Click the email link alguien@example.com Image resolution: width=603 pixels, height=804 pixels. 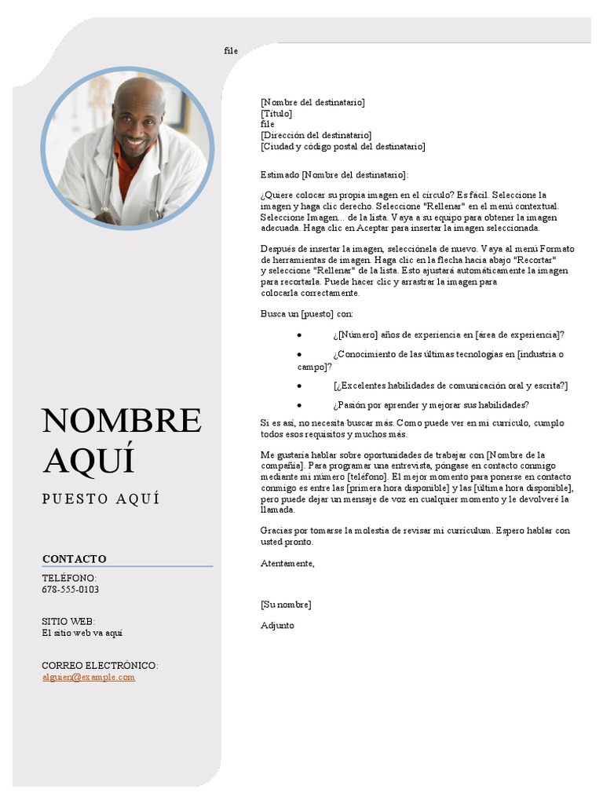89,677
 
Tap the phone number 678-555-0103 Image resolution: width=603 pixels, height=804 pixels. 71,590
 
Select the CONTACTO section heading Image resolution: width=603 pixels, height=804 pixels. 75,559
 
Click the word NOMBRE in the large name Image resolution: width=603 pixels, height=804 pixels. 122,421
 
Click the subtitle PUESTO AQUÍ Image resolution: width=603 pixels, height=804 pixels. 101,499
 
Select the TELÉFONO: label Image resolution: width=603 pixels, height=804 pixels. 69,578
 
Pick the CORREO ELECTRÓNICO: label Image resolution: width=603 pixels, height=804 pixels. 100,665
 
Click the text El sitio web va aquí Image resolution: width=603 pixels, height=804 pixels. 82,633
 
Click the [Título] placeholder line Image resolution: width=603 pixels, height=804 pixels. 276,114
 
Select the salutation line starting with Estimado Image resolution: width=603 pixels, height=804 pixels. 334,174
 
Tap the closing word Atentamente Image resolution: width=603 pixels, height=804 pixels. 287,563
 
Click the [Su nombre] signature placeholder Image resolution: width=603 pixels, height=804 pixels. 286,605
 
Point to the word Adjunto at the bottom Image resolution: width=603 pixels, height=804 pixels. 277,626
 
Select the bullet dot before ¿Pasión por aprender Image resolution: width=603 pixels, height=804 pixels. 300,406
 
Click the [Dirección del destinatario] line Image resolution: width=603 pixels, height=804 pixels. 316,136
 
